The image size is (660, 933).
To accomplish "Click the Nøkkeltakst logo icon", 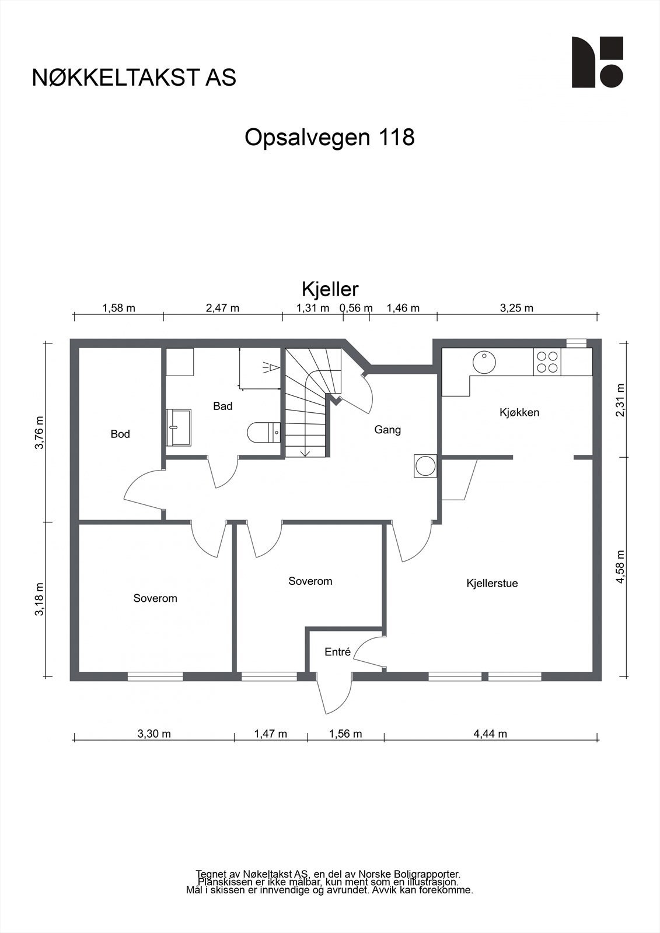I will pyautogui.click(x=597, y=62).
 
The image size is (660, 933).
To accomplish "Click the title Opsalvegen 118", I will pyautogui.click(x=329, y=138).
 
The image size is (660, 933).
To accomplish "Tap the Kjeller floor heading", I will pyautogui.click(x=330, y=289).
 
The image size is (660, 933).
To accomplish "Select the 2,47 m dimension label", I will pyautogui.click(x=222, y=308).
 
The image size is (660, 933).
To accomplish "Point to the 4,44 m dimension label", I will pyautogui.click(x=490, y=734).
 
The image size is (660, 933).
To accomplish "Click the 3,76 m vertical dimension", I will pyautogui.click(x=39, y=433).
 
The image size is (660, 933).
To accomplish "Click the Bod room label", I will pyautogui.click(x=120, y=434).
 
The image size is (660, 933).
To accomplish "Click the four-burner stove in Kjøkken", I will pyautogui.click(x=547, y=361).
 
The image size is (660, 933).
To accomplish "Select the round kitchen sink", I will pyautogui.click(x=484, y=362).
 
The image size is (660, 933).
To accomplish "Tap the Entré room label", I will pyautogui.click(x=337, y=652).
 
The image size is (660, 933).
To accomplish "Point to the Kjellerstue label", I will pyautogui.click(x=492, y=583).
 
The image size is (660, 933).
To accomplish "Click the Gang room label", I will pyautogui.click(x=387, y=430).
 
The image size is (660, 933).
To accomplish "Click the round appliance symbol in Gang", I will pyautogui.click(x=424, y=466).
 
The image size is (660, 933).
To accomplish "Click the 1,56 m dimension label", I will pyautogui.click(x=345, y=734).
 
